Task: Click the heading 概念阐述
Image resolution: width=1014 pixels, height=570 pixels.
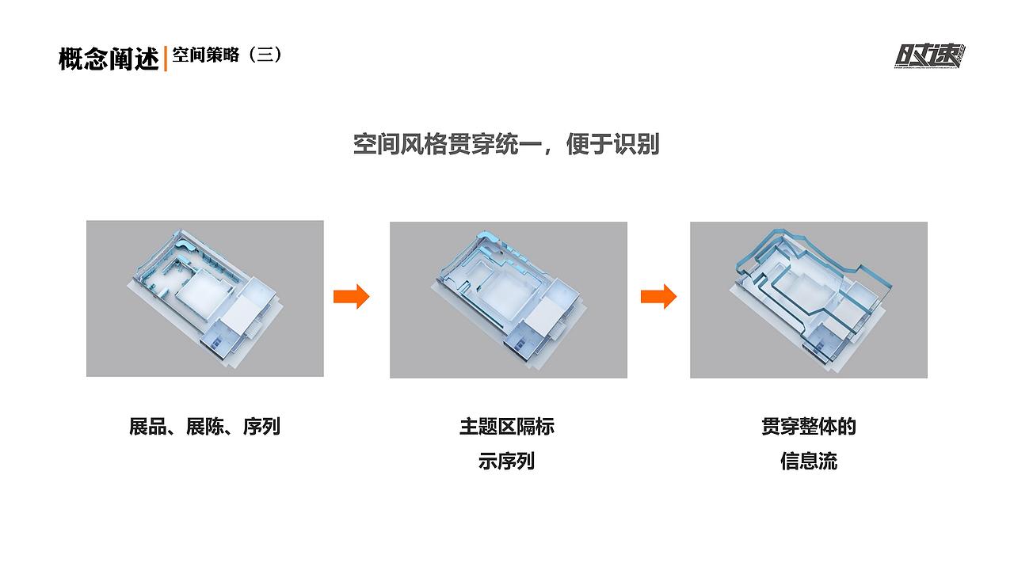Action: point(109,59)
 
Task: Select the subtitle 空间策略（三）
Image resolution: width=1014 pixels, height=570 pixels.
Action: point(227,55)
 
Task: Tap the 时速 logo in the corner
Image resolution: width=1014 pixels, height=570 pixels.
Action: point(930,55)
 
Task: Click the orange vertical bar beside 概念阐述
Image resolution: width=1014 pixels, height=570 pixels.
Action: point(165,59)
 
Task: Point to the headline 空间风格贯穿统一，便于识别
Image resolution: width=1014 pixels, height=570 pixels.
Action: point(506,144)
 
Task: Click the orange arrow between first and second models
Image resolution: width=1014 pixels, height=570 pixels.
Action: point(351,296)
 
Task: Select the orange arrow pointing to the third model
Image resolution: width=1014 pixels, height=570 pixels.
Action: point(658,296)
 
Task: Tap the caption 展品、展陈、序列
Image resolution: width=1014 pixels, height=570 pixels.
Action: point(204,427)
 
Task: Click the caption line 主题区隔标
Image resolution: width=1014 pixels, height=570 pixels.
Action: point(507,427)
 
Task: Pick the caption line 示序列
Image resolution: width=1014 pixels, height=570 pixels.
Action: point(507,461)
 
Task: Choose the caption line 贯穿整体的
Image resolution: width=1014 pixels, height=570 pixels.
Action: point(808,427)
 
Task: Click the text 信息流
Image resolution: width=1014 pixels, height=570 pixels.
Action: point(808,461)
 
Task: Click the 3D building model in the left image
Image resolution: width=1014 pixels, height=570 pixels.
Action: point(204,297)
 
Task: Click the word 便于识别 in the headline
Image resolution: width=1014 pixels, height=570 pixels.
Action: point(612,144)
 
